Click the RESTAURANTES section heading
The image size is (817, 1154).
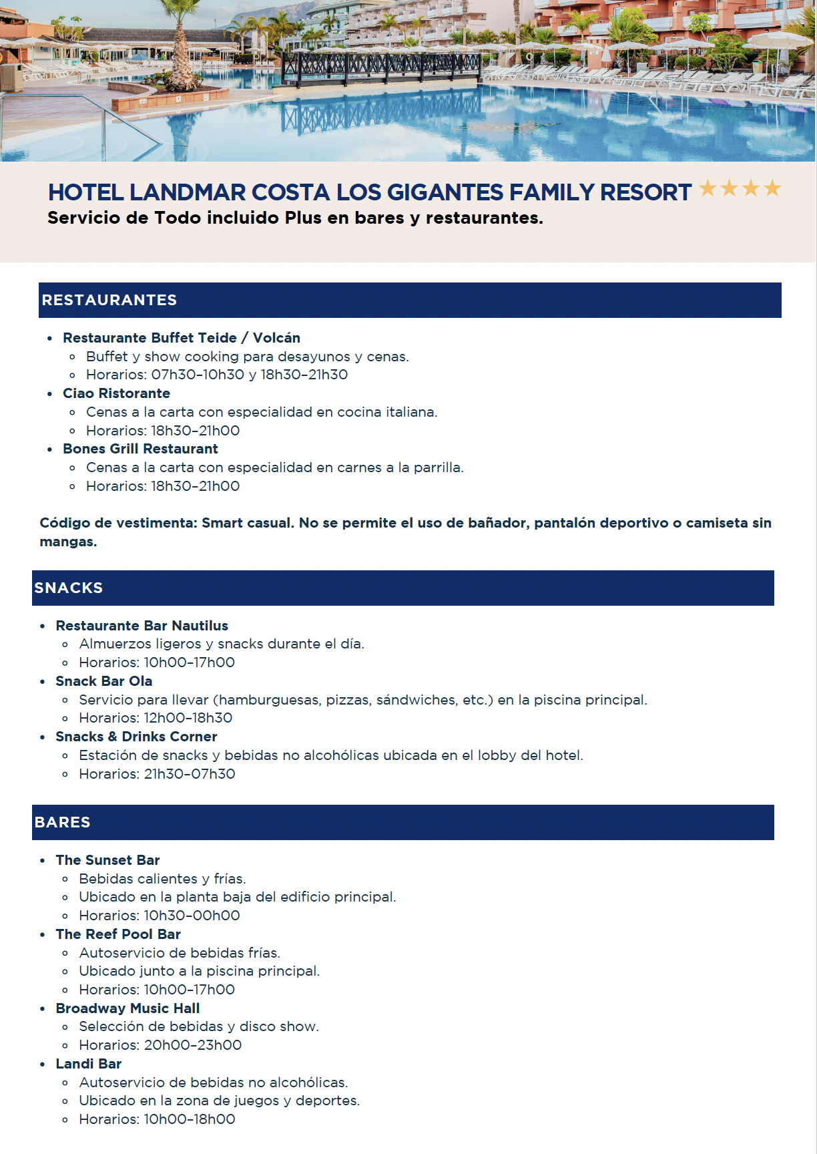click(109, 301)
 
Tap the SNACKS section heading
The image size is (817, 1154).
click(69, 588)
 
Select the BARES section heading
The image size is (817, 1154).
click(63, 823)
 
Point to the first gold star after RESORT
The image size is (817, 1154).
click(708, 189)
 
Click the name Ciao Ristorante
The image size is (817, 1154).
click(116, 393)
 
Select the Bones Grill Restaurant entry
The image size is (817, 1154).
click(140, 449)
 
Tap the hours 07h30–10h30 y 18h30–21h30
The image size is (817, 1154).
click(250, 375)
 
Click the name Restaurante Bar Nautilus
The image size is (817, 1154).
click(142, 626)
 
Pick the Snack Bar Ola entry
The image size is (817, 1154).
click(104, 681)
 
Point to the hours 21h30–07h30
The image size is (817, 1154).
click(190, 774)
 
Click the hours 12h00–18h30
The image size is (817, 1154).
click(188, 718)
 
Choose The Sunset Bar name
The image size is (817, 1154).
click(107, 860)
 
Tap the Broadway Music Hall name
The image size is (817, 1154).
click(127, 1008)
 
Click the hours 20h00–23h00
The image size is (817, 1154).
click(193, 1045)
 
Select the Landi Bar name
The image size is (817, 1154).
click(89, 1064)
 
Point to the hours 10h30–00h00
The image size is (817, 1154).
click(192, 916)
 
